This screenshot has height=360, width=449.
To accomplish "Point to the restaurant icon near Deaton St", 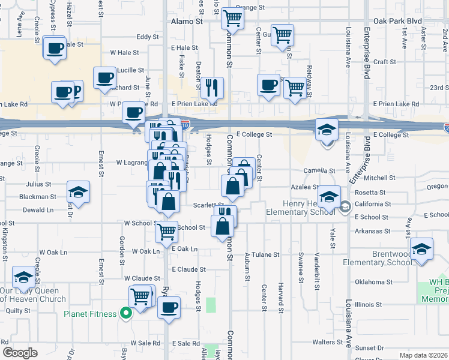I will tap(211, 88).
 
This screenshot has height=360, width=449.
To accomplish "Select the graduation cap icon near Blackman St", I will tap(78, 192).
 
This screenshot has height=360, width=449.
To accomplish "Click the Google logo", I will tap(20, 353).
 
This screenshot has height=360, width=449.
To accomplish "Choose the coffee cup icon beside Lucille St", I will tap(105, 77).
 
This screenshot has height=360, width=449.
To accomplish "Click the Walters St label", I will tap(327, 342).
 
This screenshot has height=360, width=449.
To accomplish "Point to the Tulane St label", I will tap(266, 254).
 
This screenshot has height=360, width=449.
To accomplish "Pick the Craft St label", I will tap(385, 62).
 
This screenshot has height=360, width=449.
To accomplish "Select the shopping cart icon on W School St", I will tap(166, 231).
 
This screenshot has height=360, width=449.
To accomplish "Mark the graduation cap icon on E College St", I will tap(327, 130).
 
